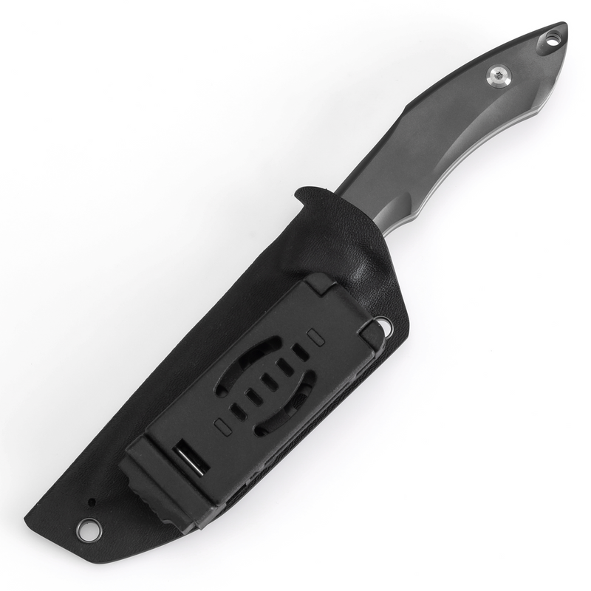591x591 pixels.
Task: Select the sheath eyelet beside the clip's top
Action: [384, 324]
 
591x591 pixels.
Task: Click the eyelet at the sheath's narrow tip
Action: [87, 527]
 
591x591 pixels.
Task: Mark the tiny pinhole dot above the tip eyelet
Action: [92, 502]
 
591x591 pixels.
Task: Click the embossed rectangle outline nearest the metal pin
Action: [220, 426]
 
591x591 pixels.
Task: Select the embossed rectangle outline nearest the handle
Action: [316, 336]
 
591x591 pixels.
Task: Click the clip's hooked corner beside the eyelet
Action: [374, 336]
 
